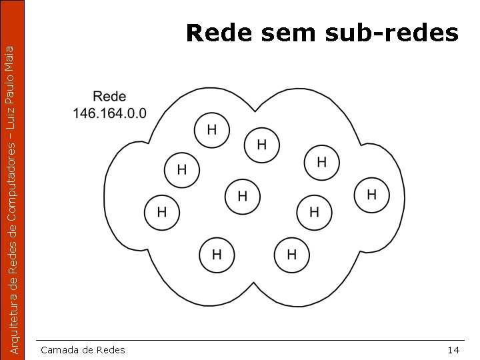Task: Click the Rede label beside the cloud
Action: click(109, 97)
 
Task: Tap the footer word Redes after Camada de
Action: click(111, 350)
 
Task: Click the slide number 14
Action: click(453, 350)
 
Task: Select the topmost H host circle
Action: click(212, 129)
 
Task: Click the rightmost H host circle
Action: click(372, 195)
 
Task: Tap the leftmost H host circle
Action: click(161, 213)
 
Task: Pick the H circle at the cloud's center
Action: click(242, 196)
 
